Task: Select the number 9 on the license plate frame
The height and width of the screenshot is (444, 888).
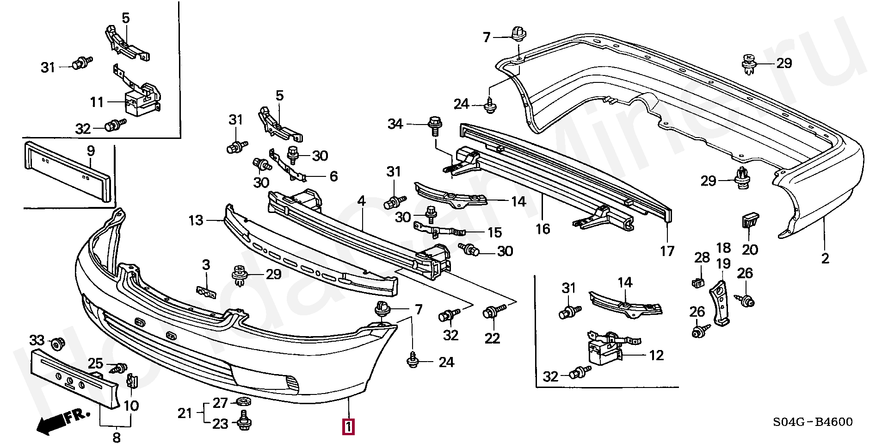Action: coord(91,150)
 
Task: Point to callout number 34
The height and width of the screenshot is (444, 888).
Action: coord(395,124)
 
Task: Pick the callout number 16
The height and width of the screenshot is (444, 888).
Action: coord(543,228)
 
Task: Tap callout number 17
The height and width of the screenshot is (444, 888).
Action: coord(667,251)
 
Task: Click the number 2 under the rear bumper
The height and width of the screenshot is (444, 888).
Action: coord(825,258)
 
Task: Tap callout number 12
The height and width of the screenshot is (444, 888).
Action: coord(656,356)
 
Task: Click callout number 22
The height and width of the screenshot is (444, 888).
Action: coord(493,338)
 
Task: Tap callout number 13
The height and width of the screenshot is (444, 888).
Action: coord(196,220)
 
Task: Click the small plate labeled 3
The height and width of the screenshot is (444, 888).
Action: coord(207,293)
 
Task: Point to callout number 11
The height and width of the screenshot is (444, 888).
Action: coord(97,101)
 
